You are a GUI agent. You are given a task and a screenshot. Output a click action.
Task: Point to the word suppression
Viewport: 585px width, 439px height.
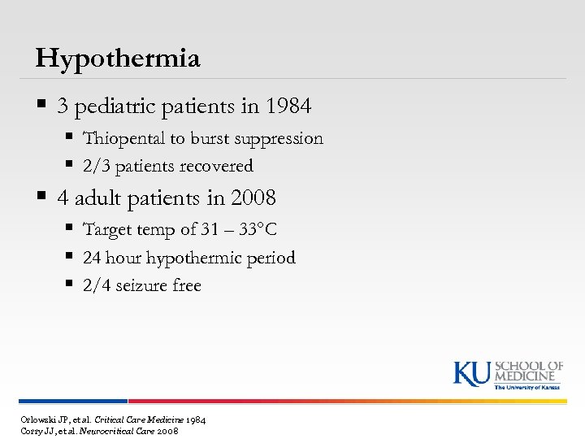[278, 139]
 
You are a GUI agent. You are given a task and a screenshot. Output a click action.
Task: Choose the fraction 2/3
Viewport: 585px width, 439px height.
[96, 167]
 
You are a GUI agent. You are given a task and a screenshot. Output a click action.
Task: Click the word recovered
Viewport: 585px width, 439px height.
[214, 167]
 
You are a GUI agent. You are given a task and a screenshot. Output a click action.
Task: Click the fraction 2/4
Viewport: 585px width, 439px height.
[96, 285]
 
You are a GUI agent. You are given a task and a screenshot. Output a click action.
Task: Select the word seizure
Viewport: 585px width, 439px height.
[141, 285]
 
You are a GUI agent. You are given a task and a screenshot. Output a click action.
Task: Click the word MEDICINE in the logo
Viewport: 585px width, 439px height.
[529, 376]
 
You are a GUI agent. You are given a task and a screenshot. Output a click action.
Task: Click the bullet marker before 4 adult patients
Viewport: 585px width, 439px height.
[41, 198]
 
